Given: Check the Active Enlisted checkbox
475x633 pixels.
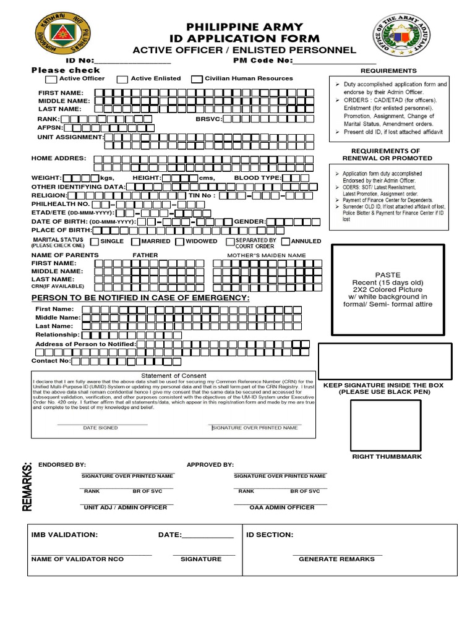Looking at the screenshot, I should coord(122,79).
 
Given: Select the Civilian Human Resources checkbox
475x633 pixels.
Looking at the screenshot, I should coord(197,79).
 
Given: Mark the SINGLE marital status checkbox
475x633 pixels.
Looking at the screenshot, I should coord(95,242).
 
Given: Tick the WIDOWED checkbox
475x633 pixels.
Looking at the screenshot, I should coord(179,242).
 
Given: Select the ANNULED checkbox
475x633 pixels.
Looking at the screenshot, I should coord(286,242).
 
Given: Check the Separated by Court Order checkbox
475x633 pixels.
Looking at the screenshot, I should coord(230,242).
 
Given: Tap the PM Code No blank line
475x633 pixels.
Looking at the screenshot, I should coord(334,61).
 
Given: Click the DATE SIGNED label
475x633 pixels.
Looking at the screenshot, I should coord(100,428).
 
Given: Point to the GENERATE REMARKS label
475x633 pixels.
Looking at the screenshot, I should coord(336,559).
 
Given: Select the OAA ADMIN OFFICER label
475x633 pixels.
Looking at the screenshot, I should coord(281,508).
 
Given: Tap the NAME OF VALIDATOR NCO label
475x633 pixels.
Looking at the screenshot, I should coord(77,559).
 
